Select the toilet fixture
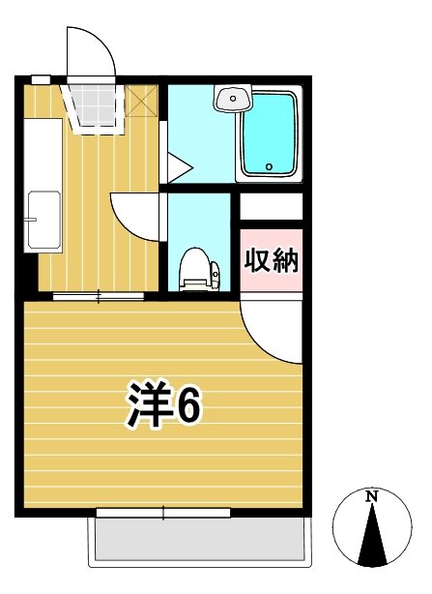pyautogui.click(x=196, y=267)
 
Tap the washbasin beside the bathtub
pyautogui.click(x=232, y=98)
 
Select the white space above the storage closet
pyautogui.click(x=271, y=206)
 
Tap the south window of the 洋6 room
pyautogui.click(x=163, y=513)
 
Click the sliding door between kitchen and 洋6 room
pyautogui.click(x=98, y=295)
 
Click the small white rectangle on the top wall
pyautogui.click(x=41, y=78)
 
